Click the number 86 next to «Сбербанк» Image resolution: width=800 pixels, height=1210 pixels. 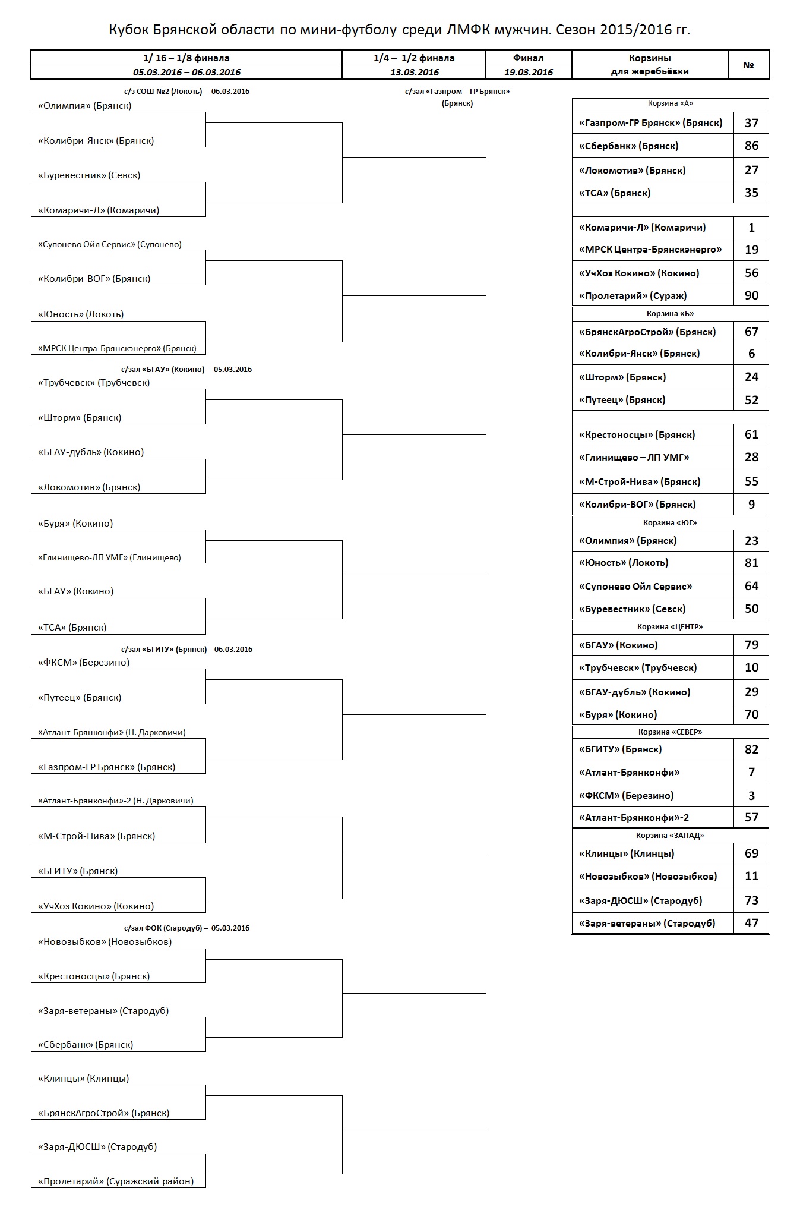click(x=751, y=146)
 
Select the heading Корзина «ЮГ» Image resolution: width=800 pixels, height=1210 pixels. click(x=670, y=523)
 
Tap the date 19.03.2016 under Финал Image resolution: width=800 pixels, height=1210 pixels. click(x=528, y=73)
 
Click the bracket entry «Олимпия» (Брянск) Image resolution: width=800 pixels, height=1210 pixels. click(x=85, y=106)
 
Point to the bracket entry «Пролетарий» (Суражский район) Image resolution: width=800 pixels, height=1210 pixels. click(x=116, y=1181)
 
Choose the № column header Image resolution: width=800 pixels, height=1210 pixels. click(x=748, y=65)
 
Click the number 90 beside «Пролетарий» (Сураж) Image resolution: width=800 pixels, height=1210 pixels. click(x=751, y=295)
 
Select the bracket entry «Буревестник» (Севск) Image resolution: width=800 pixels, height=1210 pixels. click(x=89, y=175)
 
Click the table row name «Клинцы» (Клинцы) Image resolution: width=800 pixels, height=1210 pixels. click(x=627, y=853)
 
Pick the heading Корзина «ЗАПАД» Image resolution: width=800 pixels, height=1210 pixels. click(x=670, y=836)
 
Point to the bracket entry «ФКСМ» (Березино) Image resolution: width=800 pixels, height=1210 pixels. click(x=84, y=663)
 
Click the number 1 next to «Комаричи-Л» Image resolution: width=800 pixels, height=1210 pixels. click(x=751, y=228)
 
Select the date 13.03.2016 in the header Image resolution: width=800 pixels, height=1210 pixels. click(x=414, y=73)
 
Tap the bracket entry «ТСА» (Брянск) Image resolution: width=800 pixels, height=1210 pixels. click(x=72, y=628)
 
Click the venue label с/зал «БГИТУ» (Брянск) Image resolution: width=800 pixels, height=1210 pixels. click(x=186, y=650)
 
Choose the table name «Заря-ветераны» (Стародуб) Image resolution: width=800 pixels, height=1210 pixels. click(x=647, y=923)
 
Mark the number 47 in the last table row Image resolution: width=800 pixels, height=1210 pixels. click(x=751, y=923)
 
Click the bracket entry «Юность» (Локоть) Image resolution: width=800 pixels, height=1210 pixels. click(x=81, y=314)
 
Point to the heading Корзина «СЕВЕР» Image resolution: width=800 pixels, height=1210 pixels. click(x=670, y=732)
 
